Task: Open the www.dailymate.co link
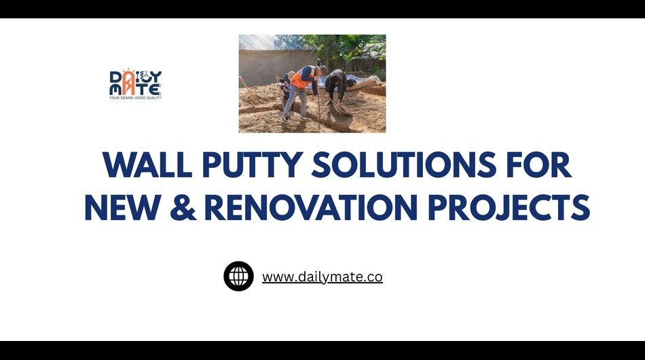tap(322, 277)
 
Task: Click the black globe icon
tap(238, 276)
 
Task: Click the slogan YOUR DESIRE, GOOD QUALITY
tap(135, 98)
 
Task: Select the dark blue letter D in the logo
tap(116, 76)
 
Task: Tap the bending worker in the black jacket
tap(335, 84)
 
